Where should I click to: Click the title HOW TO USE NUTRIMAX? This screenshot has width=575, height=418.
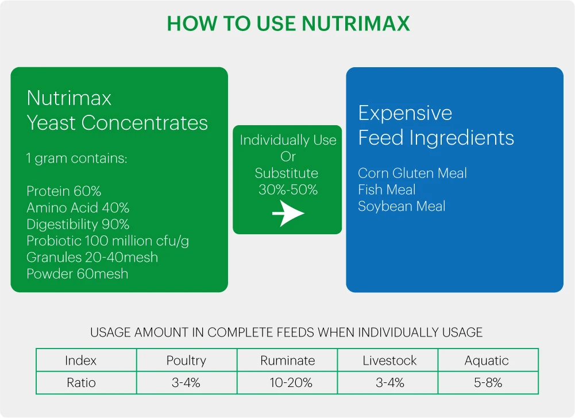pyautogui.click(x=288, y=24)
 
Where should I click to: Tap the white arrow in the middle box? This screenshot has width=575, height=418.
pyautogui.click(x=288, y=213)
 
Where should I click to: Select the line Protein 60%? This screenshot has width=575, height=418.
pyautogui.click(x=64, y=191)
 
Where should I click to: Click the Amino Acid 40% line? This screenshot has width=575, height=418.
pyautogui.click(x=78, y=207)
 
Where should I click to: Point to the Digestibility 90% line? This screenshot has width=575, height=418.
pyautogui.click(x=78, y=224)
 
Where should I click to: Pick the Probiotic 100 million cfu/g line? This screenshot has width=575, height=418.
pyautogui.click(x=108, y=241)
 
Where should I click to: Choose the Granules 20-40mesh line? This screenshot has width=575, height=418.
pyautogui.click(x=92, y=257)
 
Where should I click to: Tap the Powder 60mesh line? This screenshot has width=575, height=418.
pyautogui.click(x=78, y=274)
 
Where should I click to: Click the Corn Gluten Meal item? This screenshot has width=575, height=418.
pyautogui.click(x=412, y=173)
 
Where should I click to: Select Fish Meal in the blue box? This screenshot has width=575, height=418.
pyautogui.click(x=387, y=189)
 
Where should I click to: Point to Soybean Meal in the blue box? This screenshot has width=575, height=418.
pyautogui.click(x=402, y=206)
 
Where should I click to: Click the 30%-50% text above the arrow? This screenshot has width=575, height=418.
pyautogui.click(x=288, y=189)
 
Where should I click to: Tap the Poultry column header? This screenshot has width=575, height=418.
pyautogui.click(x=186, y=361)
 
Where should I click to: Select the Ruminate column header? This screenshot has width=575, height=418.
pyautogui.click(x=287, y=361)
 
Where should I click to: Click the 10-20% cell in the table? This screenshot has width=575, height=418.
pyautogui.click(x=291, y=383)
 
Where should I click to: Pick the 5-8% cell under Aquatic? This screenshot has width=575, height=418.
pyautogui.click(x=488, y=383)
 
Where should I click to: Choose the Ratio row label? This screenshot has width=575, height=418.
pyautogui.click(x=81, y=383)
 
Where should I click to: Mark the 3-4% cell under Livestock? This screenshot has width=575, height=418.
pyautogui.click(x=390, y=383)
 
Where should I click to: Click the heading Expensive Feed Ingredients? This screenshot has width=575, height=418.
pyautogui.click(x=436, y=125)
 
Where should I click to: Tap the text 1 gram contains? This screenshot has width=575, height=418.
pyautogui.click(x=76, y=158)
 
